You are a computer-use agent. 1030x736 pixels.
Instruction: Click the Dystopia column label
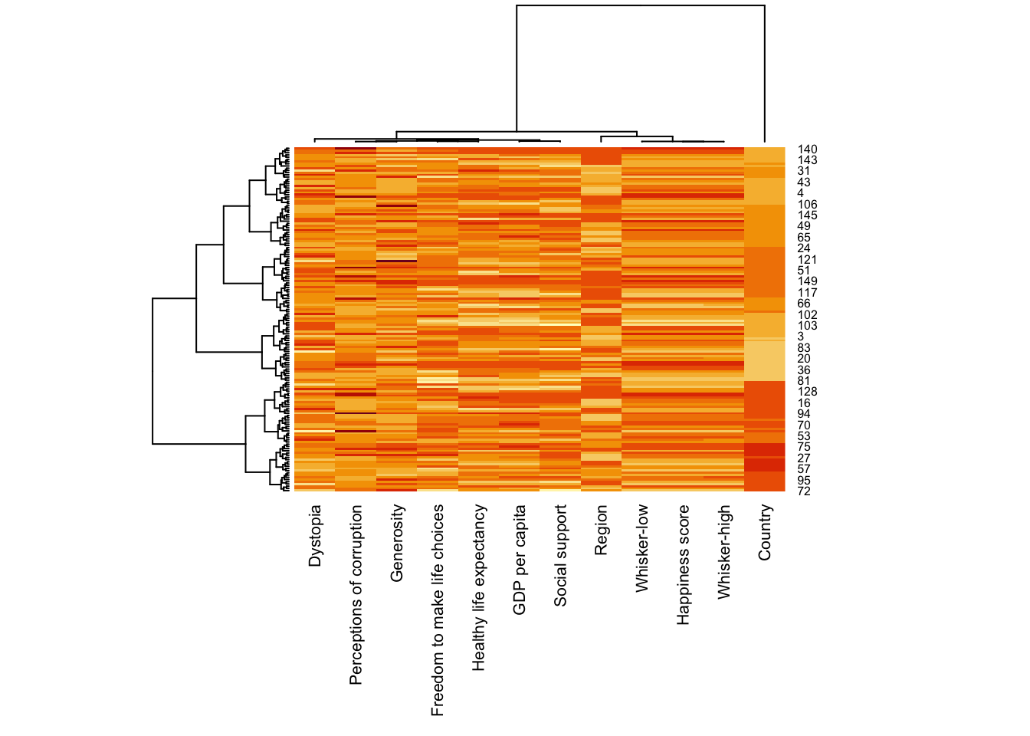click(315, 536)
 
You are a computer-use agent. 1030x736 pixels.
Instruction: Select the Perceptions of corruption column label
click(356, 595)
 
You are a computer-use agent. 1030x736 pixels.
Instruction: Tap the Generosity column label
click(397, 543)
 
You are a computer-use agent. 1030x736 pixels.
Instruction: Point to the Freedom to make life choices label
click(438, 610)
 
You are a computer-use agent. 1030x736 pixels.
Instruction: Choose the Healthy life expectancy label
click(479, 587)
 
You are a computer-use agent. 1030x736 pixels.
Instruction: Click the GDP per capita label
click(520, 560)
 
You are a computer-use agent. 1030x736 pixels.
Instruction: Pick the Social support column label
click(561, 556)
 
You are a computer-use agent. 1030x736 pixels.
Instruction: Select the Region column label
click(602, 530)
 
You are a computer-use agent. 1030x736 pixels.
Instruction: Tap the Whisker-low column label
click(642, 547)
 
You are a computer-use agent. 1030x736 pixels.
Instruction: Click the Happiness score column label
click(684, 564)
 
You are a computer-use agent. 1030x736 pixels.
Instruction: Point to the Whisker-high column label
click(724, 551)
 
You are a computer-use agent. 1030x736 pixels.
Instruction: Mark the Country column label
click(765, 532)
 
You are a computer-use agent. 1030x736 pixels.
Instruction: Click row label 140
click(807, 149)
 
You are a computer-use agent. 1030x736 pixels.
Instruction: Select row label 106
click(807, 205)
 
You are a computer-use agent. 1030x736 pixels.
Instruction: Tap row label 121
click(807, 260)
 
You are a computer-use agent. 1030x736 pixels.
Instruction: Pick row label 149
click(807, 281)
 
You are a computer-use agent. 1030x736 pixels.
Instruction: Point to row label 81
click(803, 381)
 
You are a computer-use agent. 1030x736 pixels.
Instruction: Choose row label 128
click(807, 392)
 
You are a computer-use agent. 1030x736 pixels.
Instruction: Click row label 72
click(803, 491)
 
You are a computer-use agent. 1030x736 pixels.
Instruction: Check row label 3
click(800, 337)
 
